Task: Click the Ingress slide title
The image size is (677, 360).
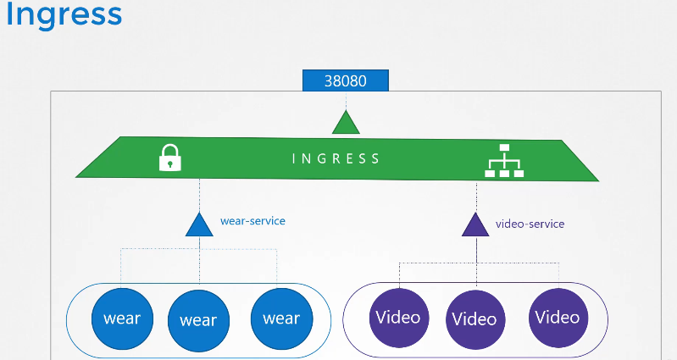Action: (x=64, y=16)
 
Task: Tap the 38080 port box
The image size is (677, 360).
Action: (x=346, y=81)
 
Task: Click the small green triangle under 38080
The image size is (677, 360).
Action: (x=346, y=123)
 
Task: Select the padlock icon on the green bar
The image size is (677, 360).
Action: (x=171, y=157)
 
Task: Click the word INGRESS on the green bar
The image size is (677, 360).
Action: (x=336, y=158)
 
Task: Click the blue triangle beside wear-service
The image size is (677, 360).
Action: (x=198, y=224)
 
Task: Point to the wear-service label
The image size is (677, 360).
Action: (x=252, y=221)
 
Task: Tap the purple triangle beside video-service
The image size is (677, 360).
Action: (x=476, y=224)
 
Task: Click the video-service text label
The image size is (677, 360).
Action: (x=530, y=224)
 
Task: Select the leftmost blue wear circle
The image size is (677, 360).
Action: (x=122, y=318)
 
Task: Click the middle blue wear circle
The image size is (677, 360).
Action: (x=198, y=320)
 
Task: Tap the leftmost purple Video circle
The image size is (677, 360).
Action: (x=398, y=318)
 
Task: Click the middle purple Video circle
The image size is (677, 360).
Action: (x=474, y=319)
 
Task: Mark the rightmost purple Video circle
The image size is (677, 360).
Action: (x=557, y=317)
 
